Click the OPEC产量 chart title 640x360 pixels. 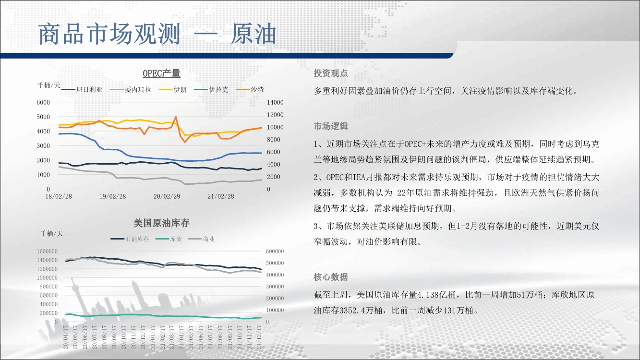pos(161,73)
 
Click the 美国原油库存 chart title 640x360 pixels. pos(161,223)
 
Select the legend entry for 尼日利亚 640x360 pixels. pos(82,90)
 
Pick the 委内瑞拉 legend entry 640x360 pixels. pos(131,90)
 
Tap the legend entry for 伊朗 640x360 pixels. pos(172,90)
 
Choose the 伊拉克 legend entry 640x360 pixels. pos(211,90)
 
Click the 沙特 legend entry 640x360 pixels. pos(250,90)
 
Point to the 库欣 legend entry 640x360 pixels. pos(169,239)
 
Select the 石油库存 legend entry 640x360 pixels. pos(130,239)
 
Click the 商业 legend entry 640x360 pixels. pos(202,239)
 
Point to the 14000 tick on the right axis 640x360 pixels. pos(275,102)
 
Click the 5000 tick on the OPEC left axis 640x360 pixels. pos(43,117)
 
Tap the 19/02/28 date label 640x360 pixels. pos(112,196)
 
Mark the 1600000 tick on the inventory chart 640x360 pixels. pos(47,251)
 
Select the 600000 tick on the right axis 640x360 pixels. pos(275,251)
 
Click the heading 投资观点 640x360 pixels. pos(331,73)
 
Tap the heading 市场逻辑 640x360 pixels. pos(331,126)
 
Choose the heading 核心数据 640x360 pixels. pos(331,277)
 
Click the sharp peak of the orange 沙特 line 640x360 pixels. pos(176,117)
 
